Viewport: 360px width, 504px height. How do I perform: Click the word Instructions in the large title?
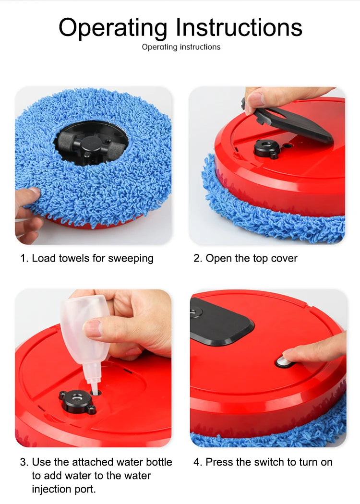[x=239, y=28]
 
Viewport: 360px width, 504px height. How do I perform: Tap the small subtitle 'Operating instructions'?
[x=181, y=47]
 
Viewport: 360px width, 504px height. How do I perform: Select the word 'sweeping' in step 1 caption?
[x=131, y=259]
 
